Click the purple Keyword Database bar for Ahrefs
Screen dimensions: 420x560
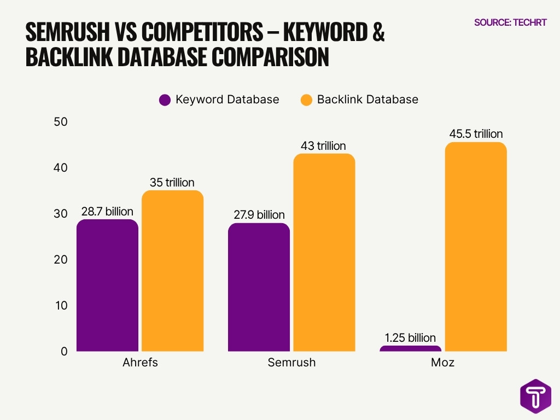(x=107, y=285)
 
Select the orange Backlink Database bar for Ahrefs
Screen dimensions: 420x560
(x=172, y=271)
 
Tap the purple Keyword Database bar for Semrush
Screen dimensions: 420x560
(x=259, y=287)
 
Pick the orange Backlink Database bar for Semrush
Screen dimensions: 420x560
(x=324, y=252)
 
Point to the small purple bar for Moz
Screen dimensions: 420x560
(x=410, y=348)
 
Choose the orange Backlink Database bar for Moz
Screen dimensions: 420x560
(x=475, y=247)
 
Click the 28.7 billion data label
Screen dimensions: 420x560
(x=107, y=212)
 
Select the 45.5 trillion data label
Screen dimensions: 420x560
(x=475, y=134)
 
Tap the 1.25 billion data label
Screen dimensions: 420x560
(x=410, y=337)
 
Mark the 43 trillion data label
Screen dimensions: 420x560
(x=324, y=146)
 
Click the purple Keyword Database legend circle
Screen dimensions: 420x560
(x=165, y=100)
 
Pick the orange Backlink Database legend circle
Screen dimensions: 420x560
(x=307, y=100)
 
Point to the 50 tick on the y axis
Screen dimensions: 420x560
(x=60, y=121)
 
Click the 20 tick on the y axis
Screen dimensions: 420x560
(x=60, y=259)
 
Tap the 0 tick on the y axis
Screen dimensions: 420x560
(x=63, y=351)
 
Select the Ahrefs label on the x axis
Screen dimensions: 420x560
(x=140, y=363)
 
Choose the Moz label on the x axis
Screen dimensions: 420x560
(x=442, y=363)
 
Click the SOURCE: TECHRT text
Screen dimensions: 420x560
(x=510, y=23)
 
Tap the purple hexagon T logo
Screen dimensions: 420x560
(x=535, y=396)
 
